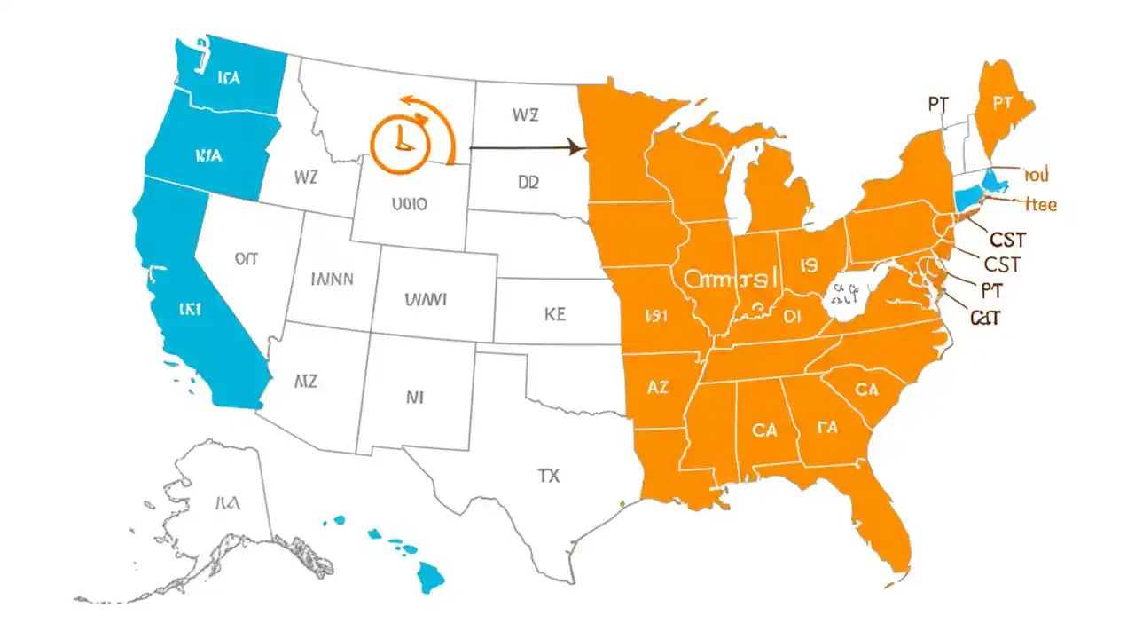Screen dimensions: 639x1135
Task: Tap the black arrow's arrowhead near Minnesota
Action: pos(576,147)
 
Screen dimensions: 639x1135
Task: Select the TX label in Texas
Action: pos(548,476)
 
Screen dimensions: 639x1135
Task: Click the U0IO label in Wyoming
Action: pos(409,203)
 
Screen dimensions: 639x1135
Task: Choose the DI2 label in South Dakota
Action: pos(528,183)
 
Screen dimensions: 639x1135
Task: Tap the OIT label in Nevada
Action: pos(246,258)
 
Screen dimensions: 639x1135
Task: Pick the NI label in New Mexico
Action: pos(414,398)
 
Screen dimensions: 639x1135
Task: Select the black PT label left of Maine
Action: pos(938,104)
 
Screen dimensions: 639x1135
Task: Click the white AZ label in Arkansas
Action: pos(658,387)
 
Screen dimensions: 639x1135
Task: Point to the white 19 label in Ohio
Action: pos(808,264)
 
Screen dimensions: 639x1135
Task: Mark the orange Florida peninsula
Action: pos(882,524)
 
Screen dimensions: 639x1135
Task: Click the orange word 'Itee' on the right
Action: pos(1040,204)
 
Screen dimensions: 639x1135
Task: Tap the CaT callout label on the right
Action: pos(985,318)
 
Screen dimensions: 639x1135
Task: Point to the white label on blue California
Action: pos(190,310)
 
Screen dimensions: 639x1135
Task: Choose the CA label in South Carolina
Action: pos(866,389)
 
